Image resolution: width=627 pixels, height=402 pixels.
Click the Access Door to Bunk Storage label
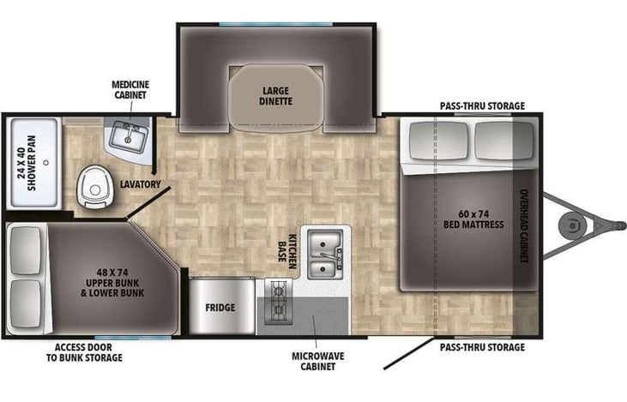tap(88, 352)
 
